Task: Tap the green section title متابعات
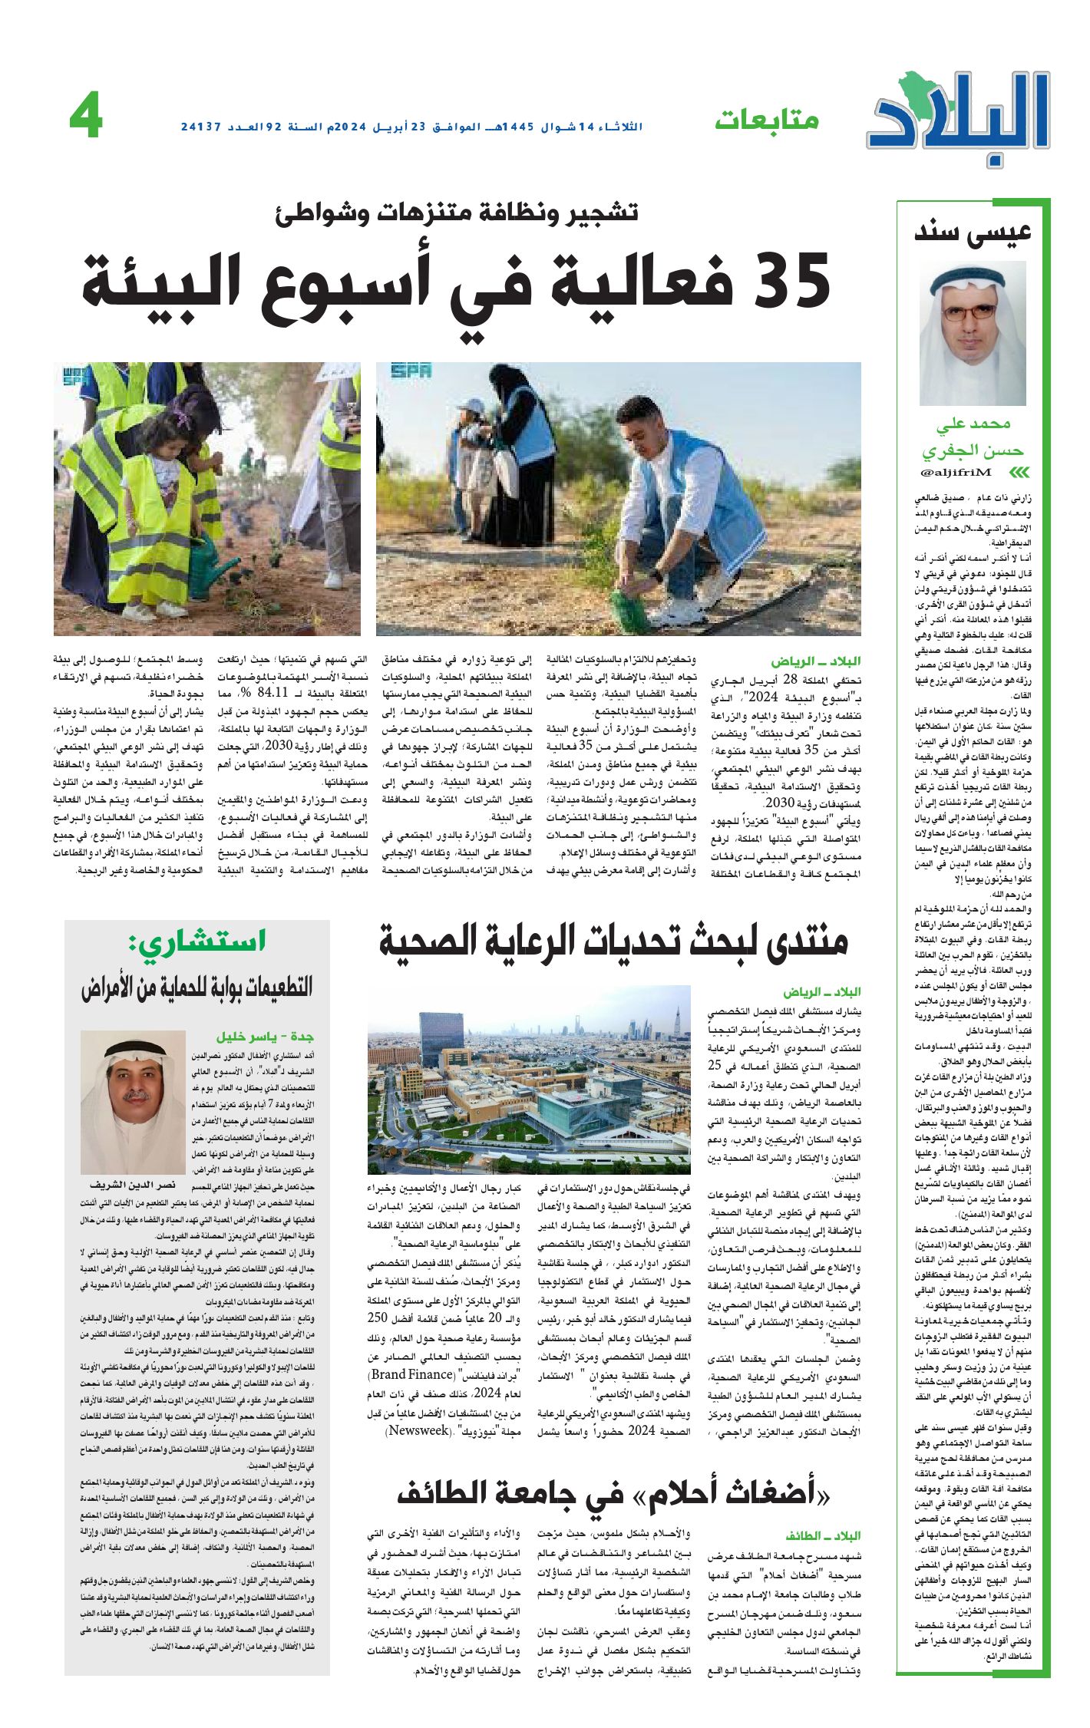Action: (767, 120)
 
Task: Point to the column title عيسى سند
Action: (973, 232)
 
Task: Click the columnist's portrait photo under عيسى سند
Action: (973, 333)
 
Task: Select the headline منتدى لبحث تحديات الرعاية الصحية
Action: (613, 942)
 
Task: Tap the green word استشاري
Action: (199, 941)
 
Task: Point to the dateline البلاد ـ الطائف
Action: (823, 1535)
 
